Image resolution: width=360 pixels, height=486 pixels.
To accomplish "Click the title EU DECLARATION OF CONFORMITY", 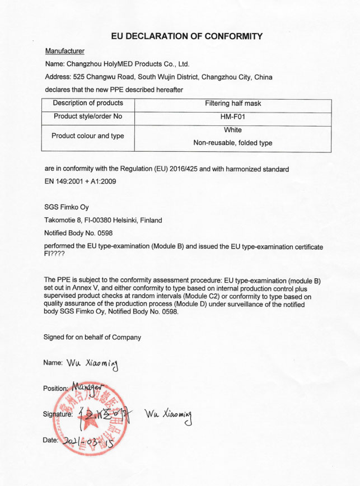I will point(186,36).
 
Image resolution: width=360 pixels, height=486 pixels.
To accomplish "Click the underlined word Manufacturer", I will point(64,51).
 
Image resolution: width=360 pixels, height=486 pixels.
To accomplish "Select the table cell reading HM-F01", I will point(233,117).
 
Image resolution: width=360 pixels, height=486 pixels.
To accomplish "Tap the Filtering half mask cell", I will point(233,103).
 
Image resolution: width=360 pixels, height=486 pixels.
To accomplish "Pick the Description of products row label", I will point(88,103).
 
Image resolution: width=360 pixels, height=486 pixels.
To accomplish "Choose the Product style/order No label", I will point(88,117).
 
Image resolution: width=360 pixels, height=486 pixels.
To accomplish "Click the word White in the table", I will point(233,130).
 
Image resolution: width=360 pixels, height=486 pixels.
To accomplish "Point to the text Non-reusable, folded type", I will point(233,143).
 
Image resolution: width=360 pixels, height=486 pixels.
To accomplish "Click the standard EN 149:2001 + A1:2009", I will point(80,181).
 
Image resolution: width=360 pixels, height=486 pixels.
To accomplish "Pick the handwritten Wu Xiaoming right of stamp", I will point(168,415).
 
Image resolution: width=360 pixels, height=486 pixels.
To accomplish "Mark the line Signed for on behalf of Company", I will point(92,337).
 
